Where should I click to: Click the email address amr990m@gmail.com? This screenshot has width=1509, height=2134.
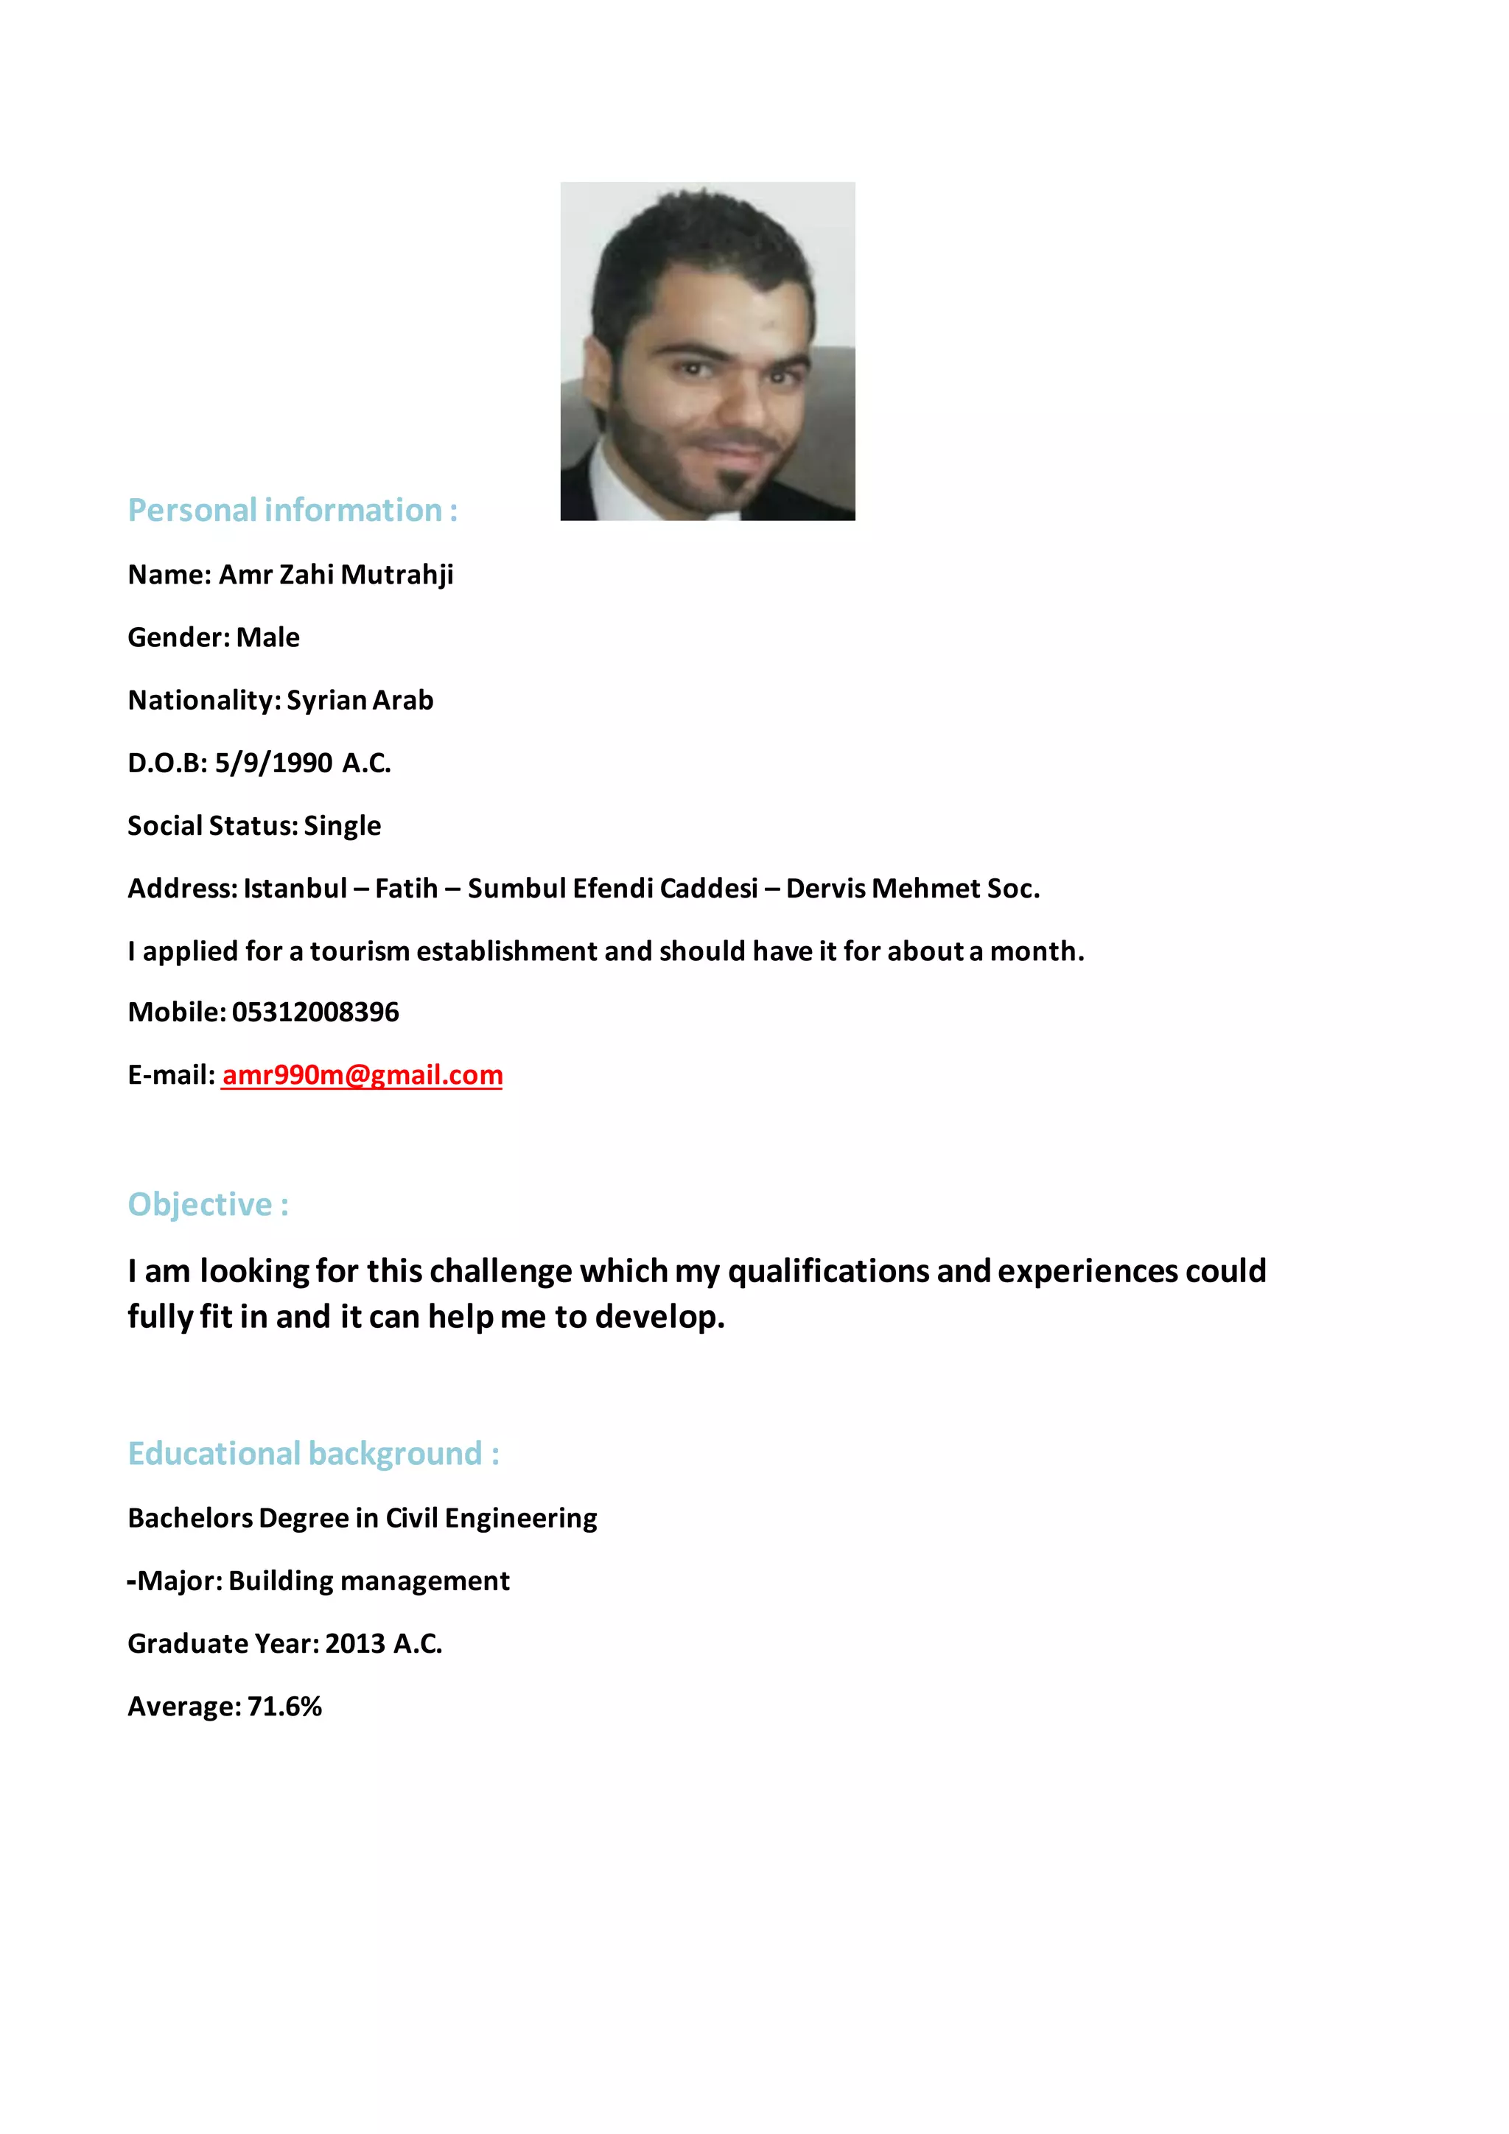pyautogui.click(x=363, y=1075)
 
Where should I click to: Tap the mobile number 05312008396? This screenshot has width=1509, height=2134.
pyautogui.click(x=315, y=1012)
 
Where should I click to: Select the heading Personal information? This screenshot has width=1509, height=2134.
pyautogui.click(x=292, y=510)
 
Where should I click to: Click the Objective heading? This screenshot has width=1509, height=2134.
pyautogui.click(x=208, y=1205)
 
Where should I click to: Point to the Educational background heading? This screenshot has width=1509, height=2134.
pyautogui.click(x=313, y=1454)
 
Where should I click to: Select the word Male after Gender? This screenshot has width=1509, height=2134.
pyautogui.click(x=267, y=637)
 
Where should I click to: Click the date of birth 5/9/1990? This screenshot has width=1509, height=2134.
pyautogui.click(x=273, y=763)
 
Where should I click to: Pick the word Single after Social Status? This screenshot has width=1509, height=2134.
pyautogui.click(x=342, y=826)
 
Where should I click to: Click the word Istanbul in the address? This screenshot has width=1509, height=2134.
pyautogui.click(x=295, y=889)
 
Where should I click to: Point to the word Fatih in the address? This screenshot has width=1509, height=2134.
pyautogui.click(x=406, y=889)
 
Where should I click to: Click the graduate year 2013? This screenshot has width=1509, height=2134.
pyautogui.click(x=355, y=1644)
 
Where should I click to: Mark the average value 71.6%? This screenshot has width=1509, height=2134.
pyautogui.click(x=284, y=1707)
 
